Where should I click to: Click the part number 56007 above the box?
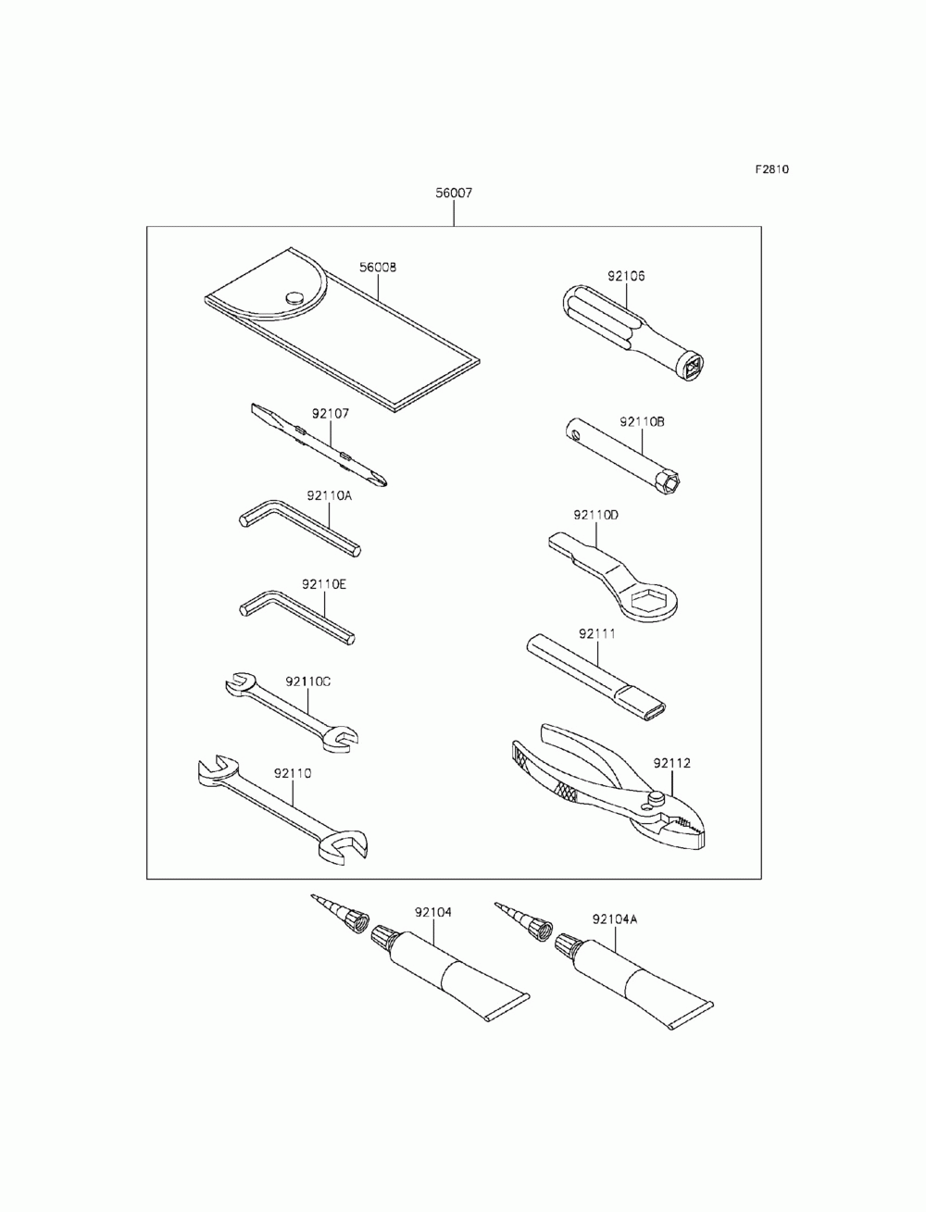click(454, 194)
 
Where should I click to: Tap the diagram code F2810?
click(770, 169)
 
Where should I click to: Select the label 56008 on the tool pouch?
click(378, 268)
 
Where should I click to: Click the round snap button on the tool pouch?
click(295, 297)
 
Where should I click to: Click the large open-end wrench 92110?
click(282, 806)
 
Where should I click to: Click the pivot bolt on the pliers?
click(657, 795)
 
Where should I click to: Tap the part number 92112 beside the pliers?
click(671, 764)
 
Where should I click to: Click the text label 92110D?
click(595, 514)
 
